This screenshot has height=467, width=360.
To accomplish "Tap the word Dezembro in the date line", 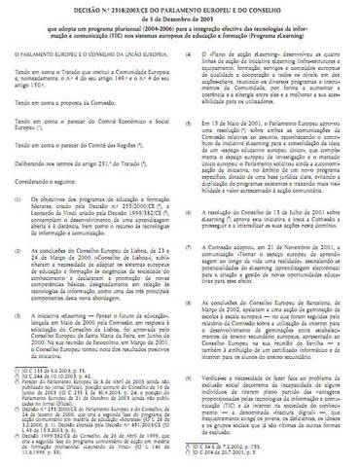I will tap(188, 16).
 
